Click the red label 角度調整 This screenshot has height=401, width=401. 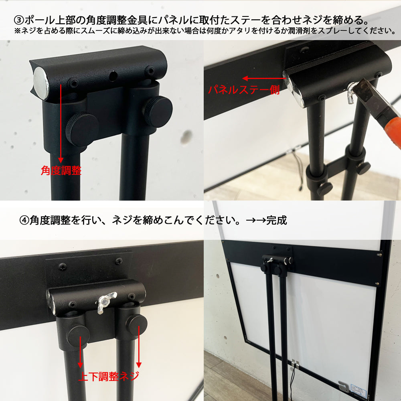[x=61, y=170]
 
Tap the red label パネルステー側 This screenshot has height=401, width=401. [x=244, y=90]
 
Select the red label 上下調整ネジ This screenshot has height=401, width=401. [x=109, y=376]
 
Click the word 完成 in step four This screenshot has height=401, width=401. [x=276, y=220]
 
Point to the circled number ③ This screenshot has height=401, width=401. [x=19, y=20]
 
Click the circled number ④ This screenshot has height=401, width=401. [x=24, y=220]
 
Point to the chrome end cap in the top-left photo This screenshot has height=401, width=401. [x=41, y=83]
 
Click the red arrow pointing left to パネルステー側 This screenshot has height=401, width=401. [x=263, y=78]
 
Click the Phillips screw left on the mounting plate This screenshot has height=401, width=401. [x=63, y=267]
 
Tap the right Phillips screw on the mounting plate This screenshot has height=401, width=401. [x=119, y=261]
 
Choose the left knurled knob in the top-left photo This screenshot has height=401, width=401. [x=82, y=130]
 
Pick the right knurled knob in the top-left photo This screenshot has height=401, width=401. [x=158, y=112]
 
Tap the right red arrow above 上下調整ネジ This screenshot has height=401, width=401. [x=139, y=346]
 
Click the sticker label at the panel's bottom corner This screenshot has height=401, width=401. [x=359, y=391]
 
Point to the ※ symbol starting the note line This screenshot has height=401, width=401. [x=17, y=31]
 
